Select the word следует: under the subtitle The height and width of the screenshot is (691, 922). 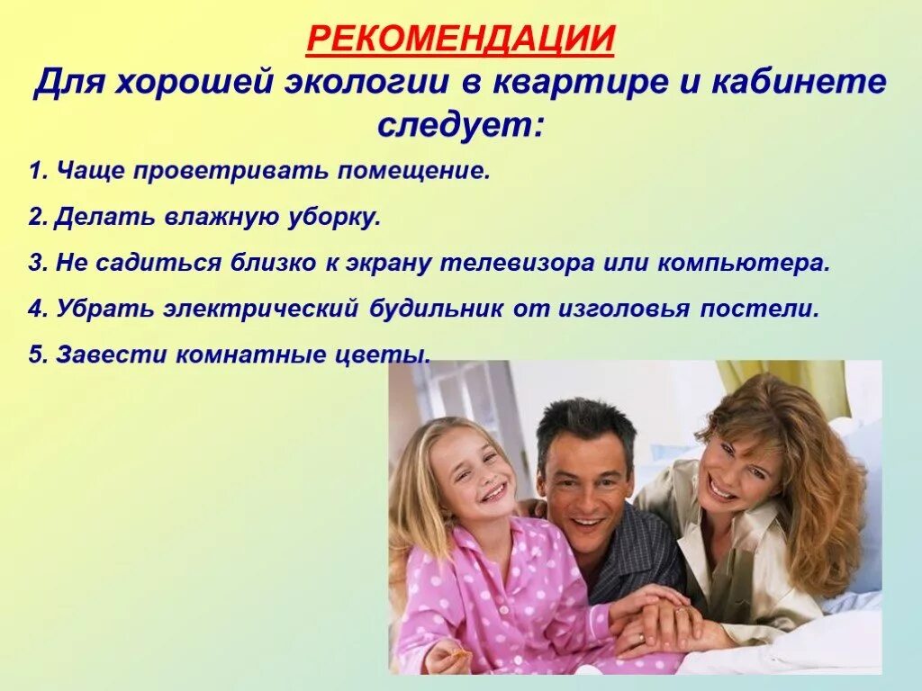point(460,124)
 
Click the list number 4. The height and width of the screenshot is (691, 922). point(35,309)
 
